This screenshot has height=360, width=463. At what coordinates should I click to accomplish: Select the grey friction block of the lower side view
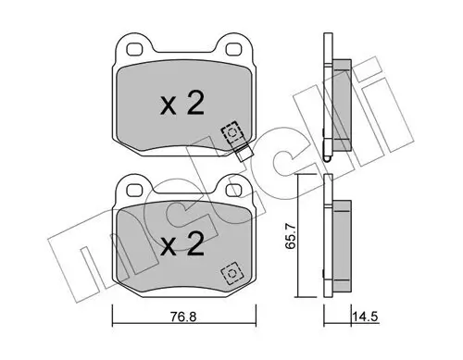(341, 242)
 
